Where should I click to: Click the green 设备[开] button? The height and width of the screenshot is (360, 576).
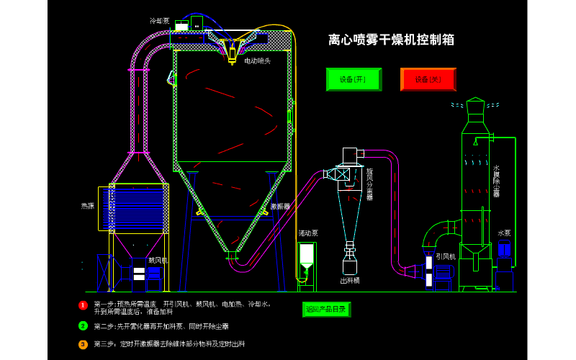[x=354, y=79]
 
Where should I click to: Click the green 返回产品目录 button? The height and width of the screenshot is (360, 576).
[x=326, y=309]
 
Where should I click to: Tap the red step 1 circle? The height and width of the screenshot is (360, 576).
[x=83, y=305]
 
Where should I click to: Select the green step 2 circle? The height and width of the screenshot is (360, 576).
[x=83, y=325]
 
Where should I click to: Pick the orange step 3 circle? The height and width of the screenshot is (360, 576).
[x=83, y=344]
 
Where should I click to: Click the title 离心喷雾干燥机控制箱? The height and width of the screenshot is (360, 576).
[x=391, y=40]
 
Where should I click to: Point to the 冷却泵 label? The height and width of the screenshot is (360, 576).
[x=159, y=21]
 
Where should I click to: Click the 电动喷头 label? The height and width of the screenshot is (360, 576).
[x=257, y=61]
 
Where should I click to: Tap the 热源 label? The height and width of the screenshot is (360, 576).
[x=87, y=206]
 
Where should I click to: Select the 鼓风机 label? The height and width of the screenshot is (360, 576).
[x=158, y=260]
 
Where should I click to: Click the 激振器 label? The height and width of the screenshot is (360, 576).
[x=280, y=207]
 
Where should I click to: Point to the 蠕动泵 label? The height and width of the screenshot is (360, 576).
[x=308, y=233]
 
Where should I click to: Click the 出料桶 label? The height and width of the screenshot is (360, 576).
[x=350, y=280]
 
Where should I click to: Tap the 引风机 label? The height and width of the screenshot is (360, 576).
[x=446, y=256]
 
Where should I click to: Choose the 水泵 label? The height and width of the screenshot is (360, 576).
[x=504, y=233]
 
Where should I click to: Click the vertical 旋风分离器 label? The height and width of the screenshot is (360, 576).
[x=369, y=184]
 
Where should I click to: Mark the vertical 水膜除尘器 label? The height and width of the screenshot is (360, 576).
[x=496, y=181]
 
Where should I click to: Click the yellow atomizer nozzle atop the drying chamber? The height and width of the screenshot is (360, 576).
[x=232, y=52]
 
